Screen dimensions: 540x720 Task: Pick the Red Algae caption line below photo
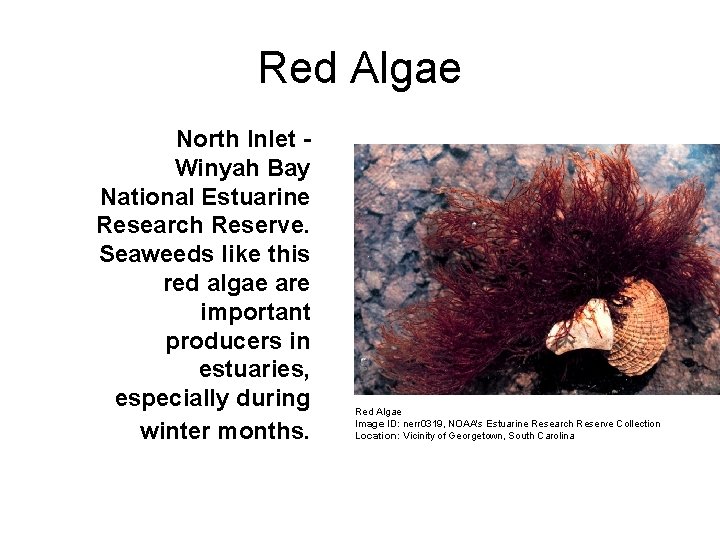click(x=378, y=411)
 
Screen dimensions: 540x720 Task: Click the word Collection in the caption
click(x=635, y=424)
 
